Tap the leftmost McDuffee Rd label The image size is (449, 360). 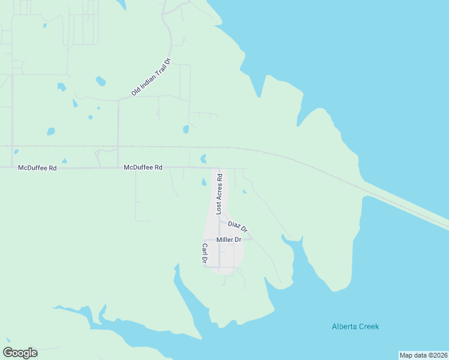point(37,169)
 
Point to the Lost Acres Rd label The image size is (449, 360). point(220,194)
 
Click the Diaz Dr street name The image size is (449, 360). point(238,227)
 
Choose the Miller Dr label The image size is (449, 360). point(229,239)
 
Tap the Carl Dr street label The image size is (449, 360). point(204,254)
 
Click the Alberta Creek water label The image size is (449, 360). point(355,326)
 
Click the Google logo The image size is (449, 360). point(20,353)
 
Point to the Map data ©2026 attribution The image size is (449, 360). point(424,355)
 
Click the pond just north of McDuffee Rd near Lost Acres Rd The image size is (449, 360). point(203,159)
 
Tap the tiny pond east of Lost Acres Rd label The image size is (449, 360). point(244,191)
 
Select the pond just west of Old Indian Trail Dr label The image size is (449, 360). point(100,81)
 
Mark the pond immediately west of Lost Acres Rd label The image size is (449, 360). point(203,182)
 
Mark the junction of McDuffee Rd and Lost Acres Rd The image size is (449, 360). point(219,169)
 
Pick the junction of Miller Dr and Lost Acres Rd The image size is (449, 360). point(219,239)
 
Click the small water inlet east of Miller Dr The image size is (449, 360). point(292,241)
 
